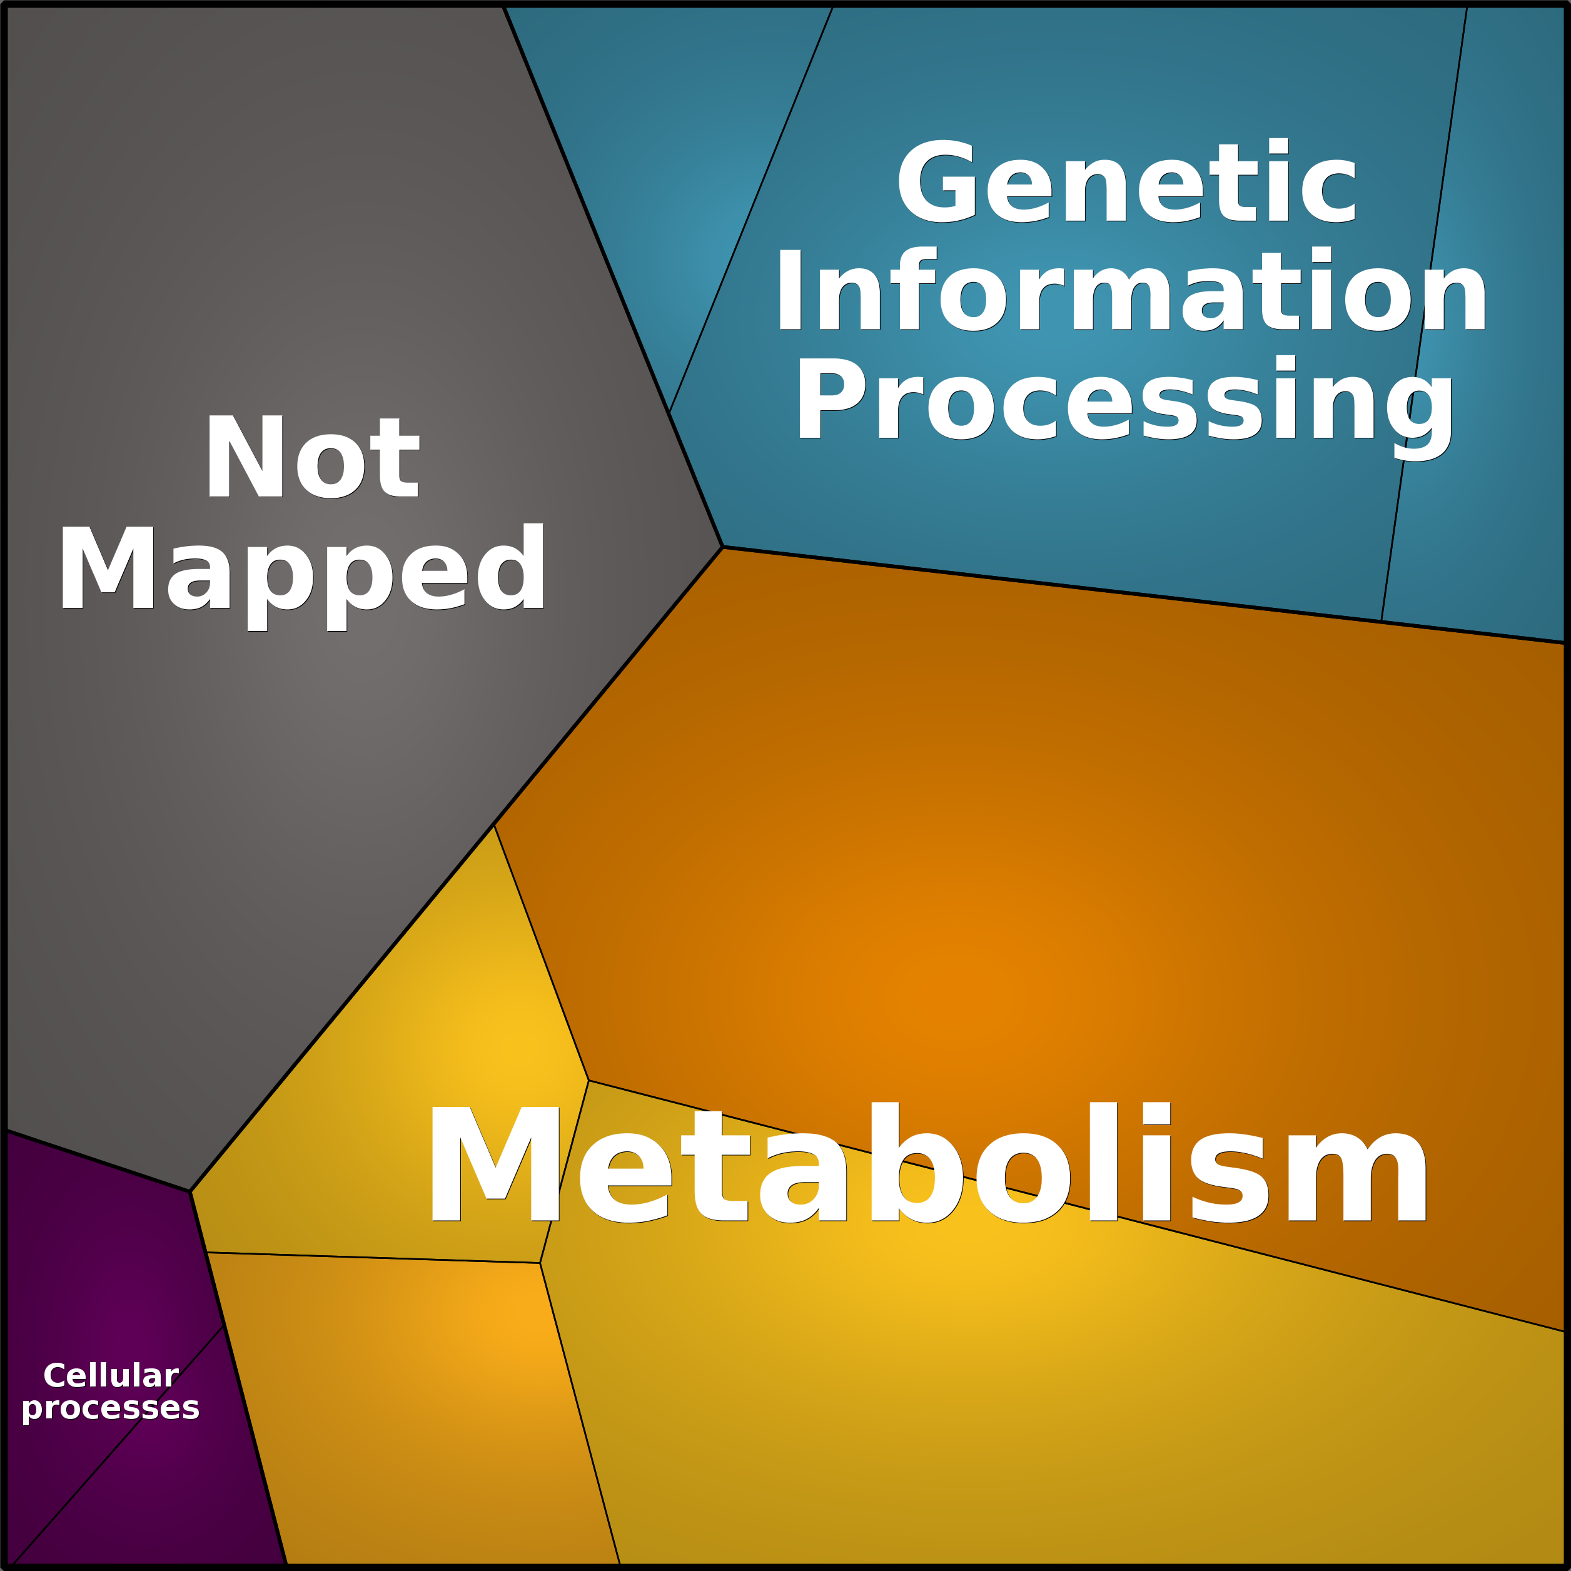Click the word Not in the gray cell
(x=313, y=457)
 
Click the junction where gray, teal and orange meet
(x=722, y=547)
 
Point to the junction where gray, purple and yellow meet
(x=190, y=1191)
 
